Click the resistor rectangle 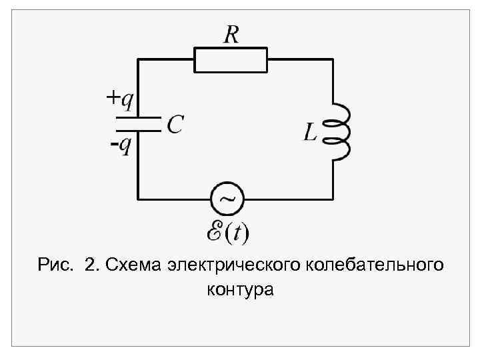click(231, 59)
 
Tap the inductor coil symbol click(341, 132)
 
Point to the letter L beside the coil click(310, 132)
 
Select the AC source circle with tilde click(227, 198)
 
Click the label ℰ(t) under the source click(227, 233)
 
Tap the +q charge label click(121, 101)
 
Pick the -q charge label click(121, 145)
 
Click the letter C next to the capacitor click(175, 123)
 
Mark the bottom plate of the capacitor click(138, 129)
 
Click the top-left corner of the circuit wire click(138, 59)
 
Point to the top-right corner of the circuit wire click(332, 59)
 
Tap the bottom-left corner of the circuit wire click(138, 198)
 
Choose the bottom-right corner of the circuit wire click(332, 198)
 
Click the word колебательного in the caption click(373, 266)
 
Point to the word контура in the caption click(240, 291)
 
